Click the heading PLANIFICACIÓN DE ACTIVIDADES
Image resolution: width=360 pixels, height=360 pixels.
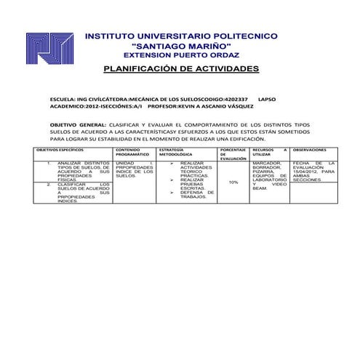[181, 68]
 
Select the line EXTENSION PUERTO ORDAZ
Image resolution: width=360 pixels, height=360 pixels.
[181, 55]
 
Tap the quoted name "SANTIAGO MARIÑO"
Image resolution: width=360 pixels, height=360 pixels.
[181, 45]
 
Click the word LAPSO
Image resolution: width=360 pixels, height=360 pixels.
[267, 97]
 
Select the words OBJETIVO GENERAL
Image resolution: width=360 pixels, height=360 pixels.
[76, 125]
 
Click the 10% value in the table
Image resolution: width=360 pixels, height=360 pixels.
[233, 183]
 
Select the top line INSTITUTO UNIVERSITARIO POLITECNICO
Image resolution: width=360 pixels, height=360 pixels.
[181, 35]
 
